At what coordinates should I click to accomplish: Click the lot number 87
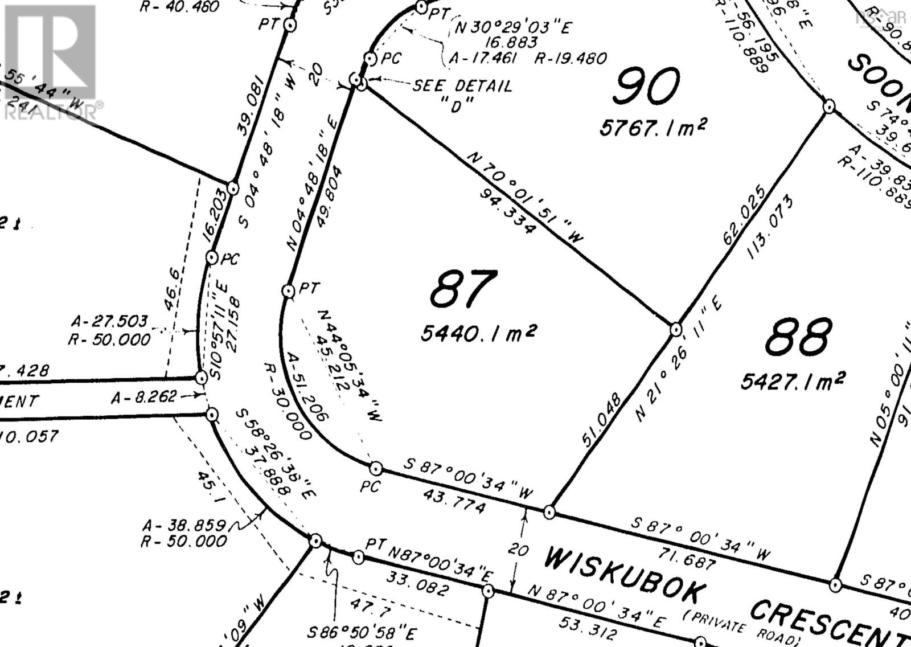click(x=463, y=289)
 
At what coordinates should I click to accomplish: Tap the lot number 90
click(x=647, y=87)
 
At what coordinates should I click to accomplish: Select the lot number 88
click(x=798, y=337)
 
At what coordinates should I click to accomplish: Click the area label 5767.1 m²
click(x=653, y=127)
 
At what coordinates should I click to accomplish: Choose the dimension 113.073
click(x=770, y=227)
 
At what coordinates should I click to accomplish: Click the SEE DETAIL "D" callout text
click(x=462, y=95)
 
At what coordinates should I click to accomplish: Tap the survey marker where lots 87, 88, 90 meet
click(x=676, y=329)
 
